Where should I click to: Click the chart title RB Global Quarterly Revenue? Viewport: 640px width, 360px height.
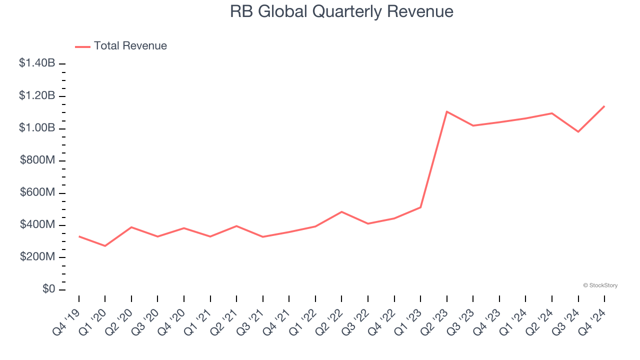click(x=341, y=11)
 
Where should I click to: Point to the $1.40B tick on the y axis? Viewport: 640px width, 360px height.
click(x=37, y=63)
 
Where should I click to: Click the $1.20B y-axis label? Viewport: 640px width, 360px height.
click(x=37, y=95)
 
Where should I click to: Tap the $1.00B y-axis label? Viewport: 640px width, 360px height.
click(x=37, y=128)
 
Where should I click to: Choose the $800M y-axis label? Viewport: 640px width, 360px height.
click(x=37, y=160)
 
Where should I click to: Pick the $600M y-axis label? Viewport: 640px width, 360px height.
click(x=37, y=193)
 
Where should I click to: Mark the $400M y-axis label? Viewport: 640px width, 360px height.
click(x=37, y=225)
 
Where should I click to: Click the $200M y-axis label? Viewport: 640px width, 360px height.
click(x=37, y=257)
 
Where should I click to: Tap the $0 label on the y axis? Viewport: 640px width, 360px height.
click(x=49, y=289)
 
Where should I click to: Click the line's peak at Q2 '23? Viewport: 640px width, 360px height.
click(x=446, y=111)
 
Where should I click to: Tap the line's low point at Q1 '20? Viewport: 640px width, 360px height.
click(x=105, y=246)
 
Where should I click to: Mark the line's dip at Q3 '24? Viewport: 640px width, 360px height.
click(x=578, y=131)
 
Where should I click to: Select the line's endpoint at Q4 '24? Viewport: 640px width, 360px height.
click(x=604, y=106)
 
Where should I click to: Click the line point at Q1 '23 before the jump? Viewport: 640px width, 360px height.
click(x=420, y=207)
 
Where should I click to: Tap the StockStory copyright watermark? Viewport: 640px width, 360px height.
click(x=600, y=285)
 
